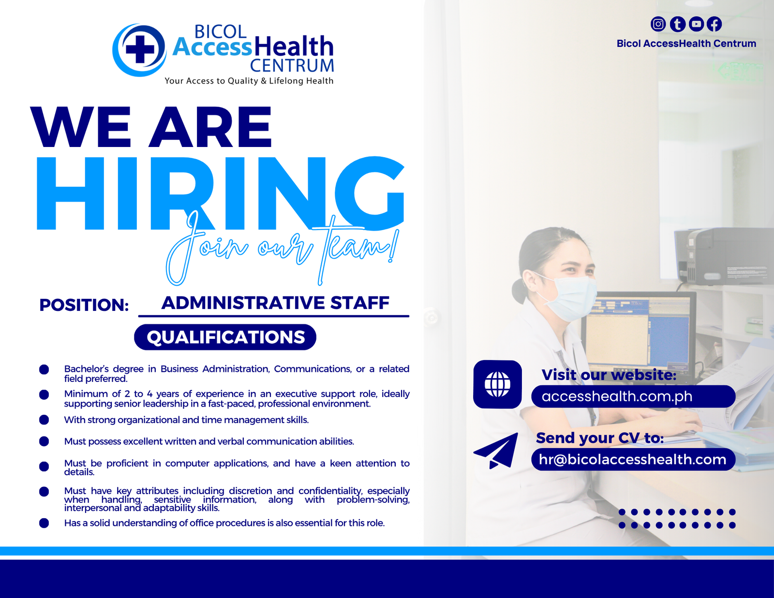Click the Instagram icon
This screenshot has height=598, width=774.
pyautogui.click(x=658, y=24)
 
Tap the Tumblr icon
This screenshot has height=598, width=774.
pyautogui.click(x=677, y=24)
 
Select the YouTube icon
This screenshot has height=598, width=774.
pyautogui.click(x=696, y=24)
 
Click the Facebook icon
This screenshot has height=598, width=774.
pyautogui.click(x=714, y=24)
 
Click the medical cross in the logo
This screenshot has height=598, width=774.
pyautogui.click(x=140, y=49)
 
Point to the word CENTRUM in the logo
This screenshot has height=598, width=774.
pyautogui.click(x=292, y=66)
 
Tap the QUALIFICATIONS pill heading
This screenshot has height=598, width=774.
pyautogui.click(x=225, y=337)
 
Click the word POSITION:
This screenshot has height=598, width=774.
pyautogui.click(x=84, y=305)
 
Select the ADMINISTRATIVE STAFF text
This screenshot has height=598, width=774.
pyautogui.click(x=275, y=303)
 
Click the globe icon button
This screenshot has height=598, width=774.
pyautogui.click(x=497, y=384)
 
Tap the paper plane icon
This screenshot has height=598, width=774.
pyautogui.click(x=496, y=451)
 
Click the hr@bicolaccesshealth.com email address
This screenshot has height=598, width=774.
pyautogui.click(x=633, y=459)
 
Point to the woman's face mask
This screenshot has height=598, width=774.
pyautogui.click(x=569, y=298)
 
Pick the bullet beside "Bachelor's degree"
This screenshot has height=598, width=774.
pyautogui.click(x=44, y=369)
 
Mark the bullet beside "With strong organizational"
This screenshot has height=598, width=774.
pyautogui.click(x=44, y=420)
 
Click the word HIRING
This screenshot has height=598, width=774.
pyautogui.click(x=221, y=193)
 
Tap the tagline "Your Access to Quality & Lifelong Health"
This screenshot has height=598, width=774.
pyautogui.click(x=249, y=81)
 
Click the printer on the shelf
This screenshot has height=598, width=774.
pyautogui.click(x=723, y=256)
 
